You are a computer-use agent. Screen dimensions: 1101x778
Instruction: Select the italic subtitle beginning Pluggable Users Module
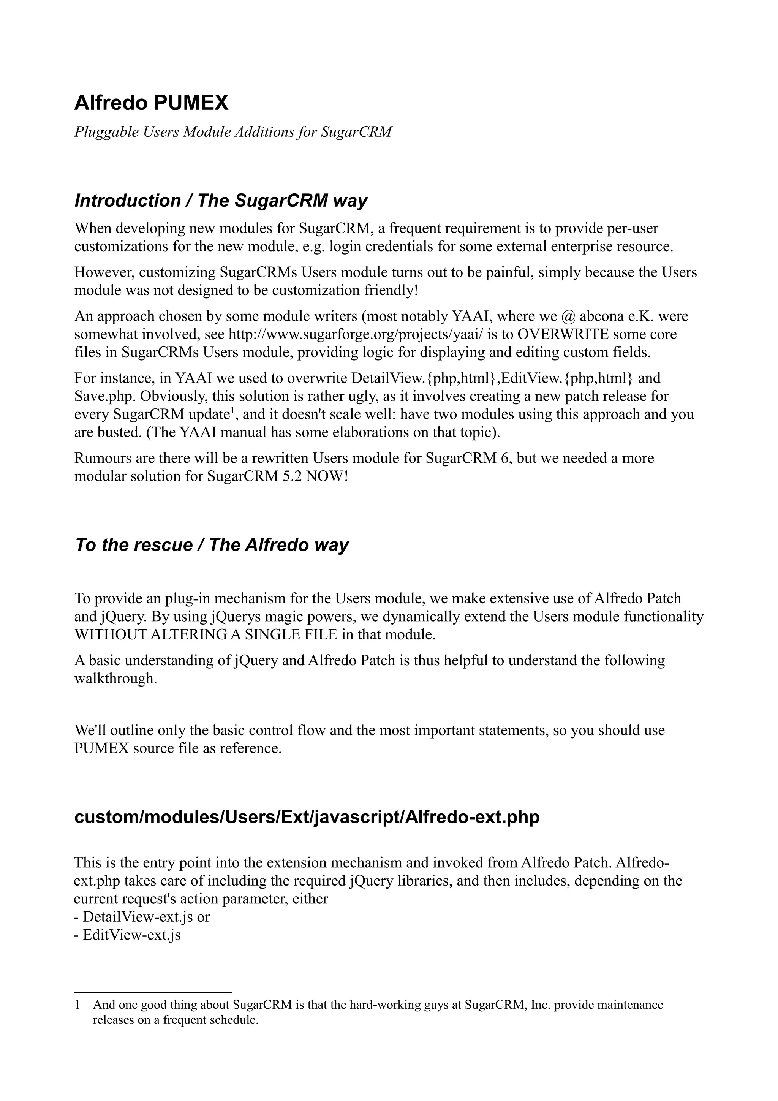point(233,132)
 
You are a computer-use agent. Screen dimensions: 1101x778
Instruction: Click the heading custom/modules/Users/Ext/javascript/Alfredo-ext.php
point(307,817)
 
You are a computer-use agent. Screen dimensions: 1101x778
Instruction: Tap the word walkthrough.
point(115,679)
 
